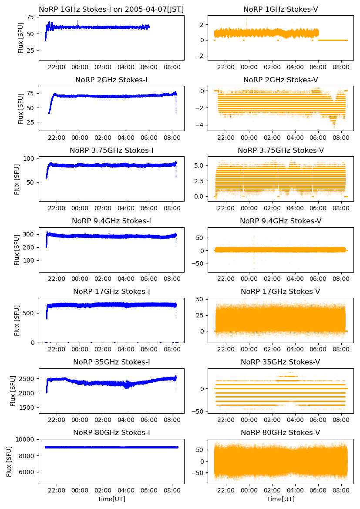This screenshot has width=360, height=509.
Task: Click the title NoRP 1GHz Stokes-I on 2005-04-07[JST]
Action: click(x=111, y=9)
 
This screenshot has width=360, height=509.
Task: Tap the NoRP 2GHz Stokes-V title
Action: click(x=280, y=80)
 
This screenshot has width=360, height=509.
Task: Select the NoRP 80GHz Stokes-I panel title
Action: click(x=111, y=432)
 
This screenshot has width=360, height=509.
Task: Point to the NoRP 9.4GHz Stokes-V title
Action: click(x=280, y=221)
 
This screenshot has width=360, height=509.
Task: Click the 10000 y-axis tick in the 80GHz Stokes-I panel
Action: click(x=27, y=439)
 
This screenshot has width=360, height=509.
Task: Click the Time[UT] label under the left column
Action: click(x=111, y=499)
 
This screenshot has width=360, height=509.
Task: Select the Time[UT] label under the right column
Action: click(x=280, y=499)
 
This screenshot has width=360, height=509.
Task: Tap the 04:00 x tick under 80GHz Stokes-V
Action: click(x=296, y=490)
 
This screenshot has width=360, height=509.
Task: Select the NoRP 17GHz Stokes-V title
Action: click(x=280, y=291)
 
